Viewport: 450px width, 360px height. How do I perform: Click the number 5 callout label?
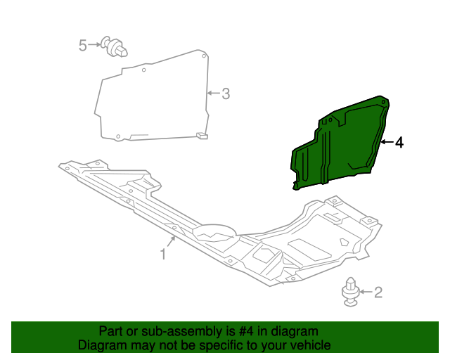(x=83, y=46)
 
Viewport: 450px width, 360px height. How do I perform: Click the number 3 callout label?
(x=225, y=93)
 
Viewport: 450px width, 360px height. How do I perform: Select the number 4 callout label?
(x=399, y=143)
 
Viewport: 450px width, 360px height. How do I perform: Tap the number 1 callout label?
(x=162, y=254)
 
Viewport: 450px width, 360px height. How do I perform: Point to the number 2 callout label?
(x=378, y=292)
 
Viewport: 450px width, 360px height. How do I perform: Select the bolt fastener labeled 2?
(x=351, y=293)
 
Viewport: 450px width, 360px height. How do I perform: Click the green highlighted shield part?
(x=337, y=144)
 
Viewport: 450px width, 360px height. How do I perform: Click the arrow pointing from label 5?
(x=95, y=46)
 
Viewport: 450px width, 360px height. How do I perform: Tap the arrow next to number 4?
(x=386, y=143)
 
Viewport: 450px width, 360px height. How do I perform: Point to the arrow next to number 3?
(x=213, y=93)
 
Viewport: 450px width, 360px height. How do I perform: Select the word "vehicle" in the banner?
(x=310, y=345)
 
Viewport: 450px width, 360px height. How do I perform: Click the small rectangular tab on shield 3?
(x=202, y=134)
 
